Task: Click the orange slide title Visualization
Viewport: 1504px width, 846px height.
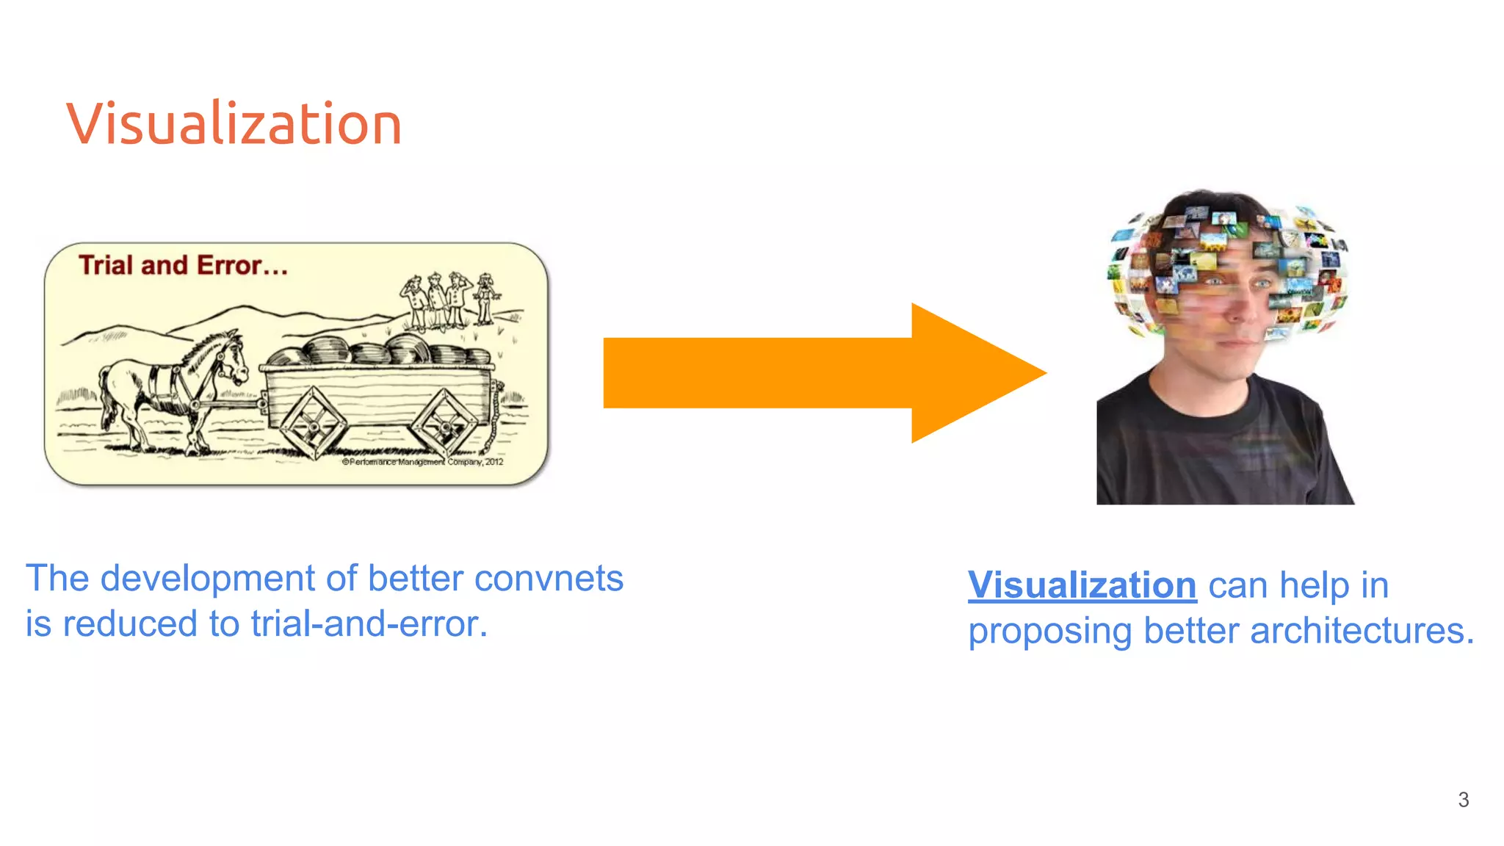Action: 234,123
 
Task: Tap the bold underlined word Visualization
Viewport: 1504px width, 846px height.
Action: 1082,585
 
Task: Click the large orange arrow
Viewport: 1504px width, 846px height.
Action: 822,372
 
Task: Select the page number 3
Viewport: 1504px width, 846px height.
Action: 1463,800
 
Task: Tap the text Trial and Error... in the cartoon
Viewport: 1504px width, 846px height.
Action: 183,265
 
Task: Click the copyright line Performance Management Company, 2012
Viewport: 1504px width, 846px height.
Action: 423,462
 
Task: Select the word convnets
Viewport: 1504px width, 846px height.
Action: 549,578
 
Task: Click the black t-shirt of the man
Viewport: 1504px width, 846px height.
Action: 1219,448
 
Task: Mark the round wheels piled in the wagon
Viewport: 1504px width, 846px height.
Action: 382,350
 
